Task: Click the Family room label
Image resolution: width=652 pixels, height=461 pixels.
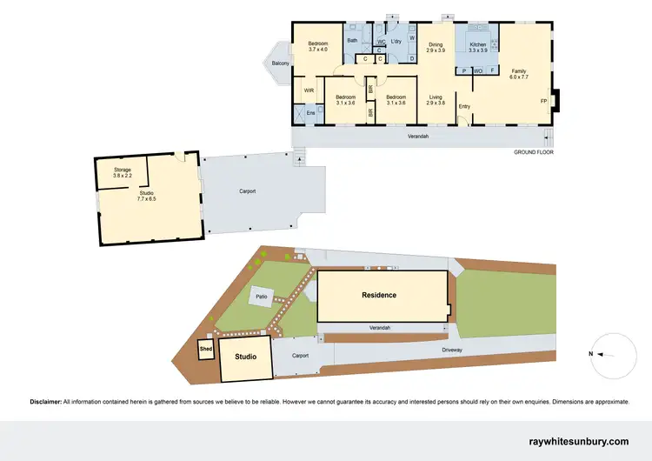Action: tap(519, 73)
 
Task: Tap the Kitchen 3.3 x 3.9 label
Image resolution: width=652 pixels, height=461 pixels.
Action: tap(479, 47)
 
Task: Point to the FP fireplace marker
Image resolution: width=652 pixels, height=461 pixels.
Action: tap(544, 101)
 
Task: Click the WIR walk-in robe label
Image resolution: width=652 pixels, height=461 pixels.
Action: tap(309, 90)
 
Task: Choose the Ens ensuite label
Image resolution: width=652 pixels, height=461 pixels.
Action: tap(310, 113)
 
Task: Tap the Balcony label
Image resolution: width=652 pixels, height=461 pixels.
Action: tap(280, 63)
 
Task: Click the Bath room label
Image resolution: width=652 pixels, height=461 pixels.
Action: tap(352, 40)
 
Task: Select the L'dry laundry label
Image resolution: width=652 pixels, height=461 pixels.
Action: tap(396, 41)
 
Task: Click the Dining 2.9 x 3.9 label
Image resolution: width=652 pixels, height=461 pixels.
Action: tap(436, 47)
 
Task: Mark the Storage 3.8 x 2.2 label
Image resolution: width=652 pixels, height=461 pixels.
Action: tap(122, 172)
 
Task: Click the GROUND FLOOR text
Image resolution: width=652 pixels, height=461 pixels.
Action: tap(533, 152)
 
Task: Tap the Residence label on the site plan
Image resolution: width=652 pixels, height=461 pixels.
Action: tap(379, 295)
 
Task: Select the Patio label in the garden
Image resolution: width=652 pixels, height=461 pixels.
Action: tap(261, 297)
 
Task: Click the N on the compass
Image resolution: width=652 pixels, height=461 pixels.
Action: tap(590, 354)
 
